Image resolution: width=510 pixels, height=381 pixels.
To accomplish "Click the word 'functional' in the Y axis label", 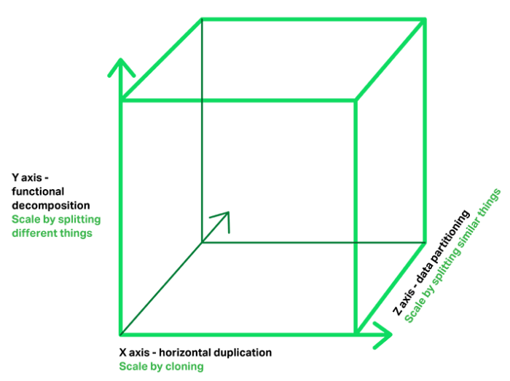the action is [38, 191].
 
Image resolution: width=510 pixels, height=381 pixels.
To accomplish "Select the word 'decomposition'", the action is [51, 206].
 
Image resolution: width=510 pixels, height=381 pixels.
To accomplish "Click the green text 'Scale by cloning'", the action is [161, 366].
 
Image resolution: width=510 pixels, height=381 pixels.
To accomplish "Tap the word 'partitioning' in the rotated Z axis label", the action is [450, 236].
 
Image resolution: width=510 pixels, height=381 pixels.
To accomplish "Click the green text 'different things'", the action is [52, 233].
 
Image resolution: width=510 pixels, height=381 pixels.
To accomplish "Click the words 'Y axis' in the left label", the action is [27, 177].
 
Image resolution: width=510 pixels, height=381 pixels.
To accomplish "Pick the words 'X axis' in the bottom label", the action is [134, 353].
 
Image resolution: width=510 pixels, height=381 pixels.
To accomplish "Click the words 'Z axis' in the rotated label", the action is [404, 302].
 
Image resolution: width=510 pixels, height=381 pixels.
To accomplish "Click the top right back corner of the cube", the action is [425, 20].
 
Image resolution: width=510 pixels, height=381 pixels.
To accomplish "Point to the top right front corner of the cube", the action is [356, 100].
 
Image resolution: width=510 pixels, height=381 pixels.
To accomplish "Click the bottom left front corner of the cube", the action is [121, 334].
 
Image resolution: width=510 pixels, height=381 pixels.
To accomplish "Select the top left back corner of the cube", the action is [202, 20].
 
